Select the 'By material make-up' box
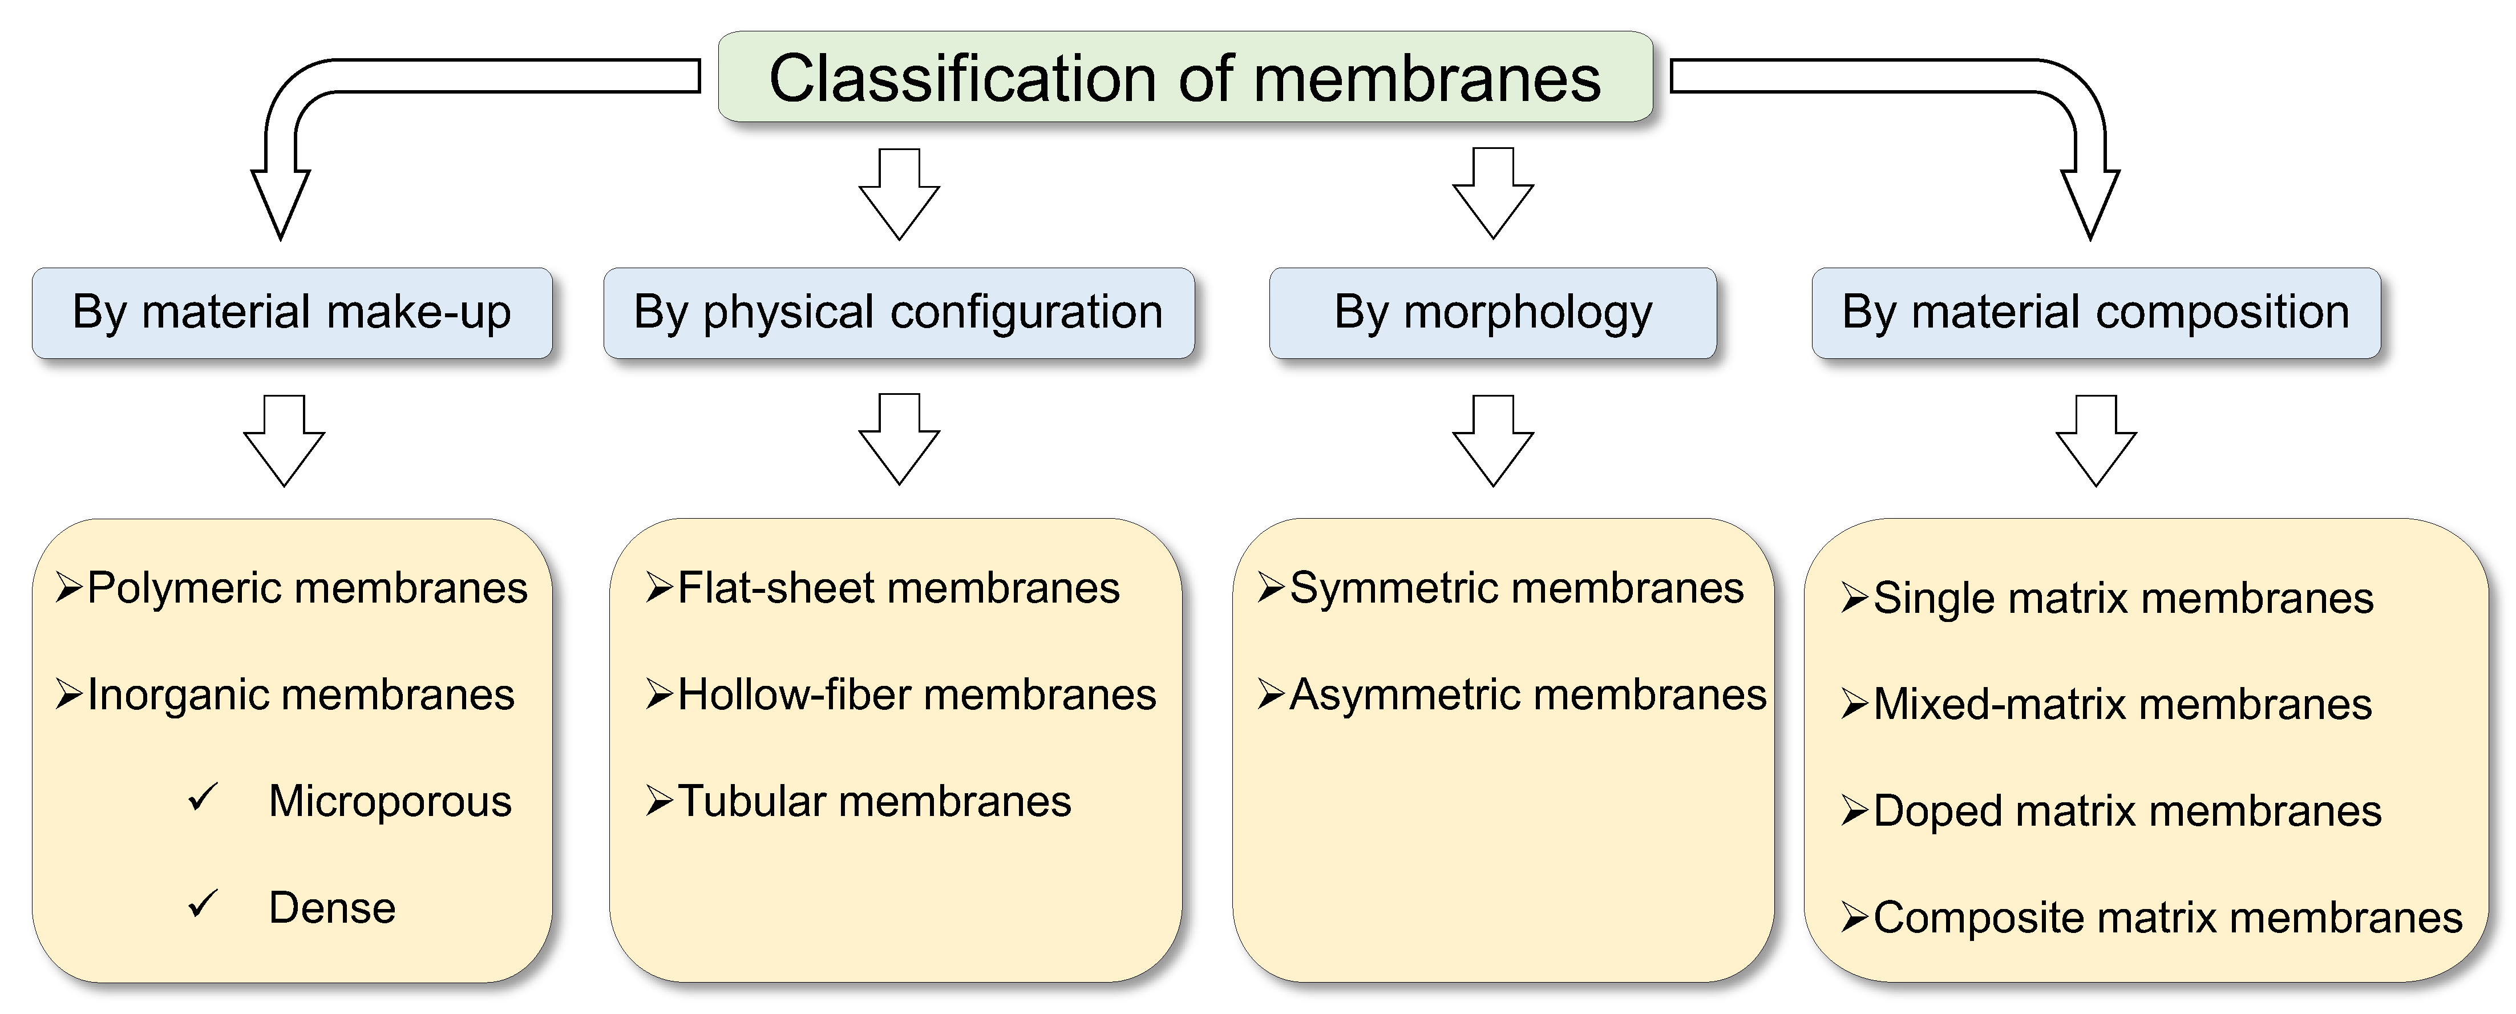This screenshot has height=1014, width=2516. [292, 313]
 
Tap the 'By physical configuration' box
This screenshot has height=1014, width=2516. [899, 313]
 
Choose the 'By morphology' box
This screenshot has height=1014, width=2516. [1492, 313]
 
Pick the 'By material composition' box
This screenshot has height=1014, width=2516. [2096, 313]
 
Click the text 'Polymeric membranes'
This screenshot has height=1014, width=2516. [307, 588]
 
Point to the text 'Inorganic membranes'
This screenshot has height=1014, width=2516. [301, 694]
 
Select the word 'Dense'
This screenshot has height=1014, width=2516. [332, 907]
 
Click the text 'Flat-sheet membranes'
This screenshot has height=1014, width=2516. [899, 588]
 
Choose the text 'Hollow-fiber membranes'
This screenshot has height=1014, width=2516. [916, 694]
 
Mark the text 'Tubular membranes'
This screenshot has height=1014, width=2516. [874, 801]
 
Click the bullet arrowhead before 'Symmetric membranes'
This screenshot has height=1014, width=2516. [1271, 587]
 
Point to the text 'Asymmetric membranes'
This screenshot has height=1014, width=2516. [1528, 694]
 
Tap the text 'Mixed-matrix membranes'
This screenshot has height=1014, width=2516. [2122, 704]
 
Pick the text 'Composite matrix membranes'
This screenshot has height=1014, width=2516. [2167, 918]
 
